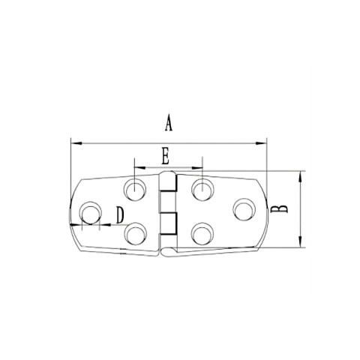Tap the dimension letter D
point(118,216)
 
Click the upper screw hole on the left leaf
point(136,189)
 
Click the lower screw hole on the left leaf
point(136,234)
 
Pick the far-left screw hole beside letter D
point(91,213)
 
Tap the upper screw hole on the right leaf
point(200,189)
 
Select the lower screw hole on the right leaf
point(200,235)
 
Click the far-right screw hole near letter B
point(244,208)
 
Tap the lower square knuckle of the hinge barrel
point(169,223)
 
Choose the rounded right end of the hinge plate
point(262,210)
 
